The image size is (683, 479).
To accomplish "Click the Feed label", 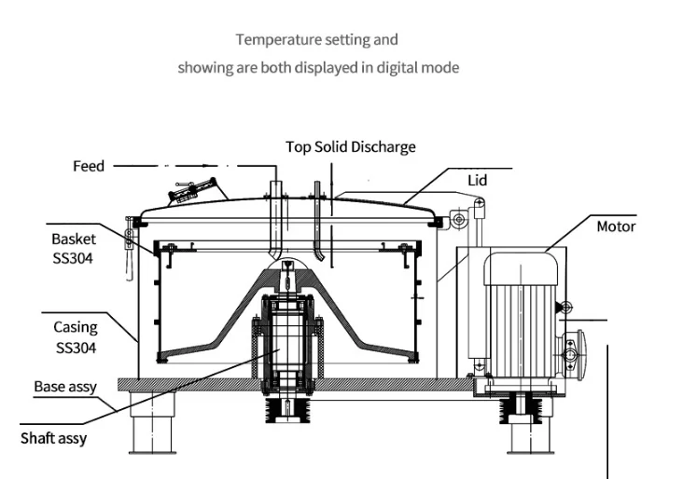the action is [89, 166].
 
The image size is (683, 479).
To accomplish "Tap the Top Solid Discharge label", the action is [351, 147].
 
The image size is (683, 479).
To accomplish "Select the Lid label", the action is [478, 180].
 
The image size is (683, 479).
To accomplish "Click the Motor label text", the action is [616, 226].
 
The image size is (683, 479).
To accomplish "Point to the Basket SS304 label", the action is [73, 249].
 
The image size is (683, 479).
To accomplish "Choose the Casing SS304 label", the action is [76, 337].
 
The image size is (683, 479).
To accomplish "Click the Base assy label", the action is [65, 387].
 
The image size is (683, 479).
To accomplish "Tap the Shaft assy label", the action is [53, 438].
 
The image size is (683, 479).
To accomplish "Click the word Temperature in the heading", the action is [279, 39].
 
